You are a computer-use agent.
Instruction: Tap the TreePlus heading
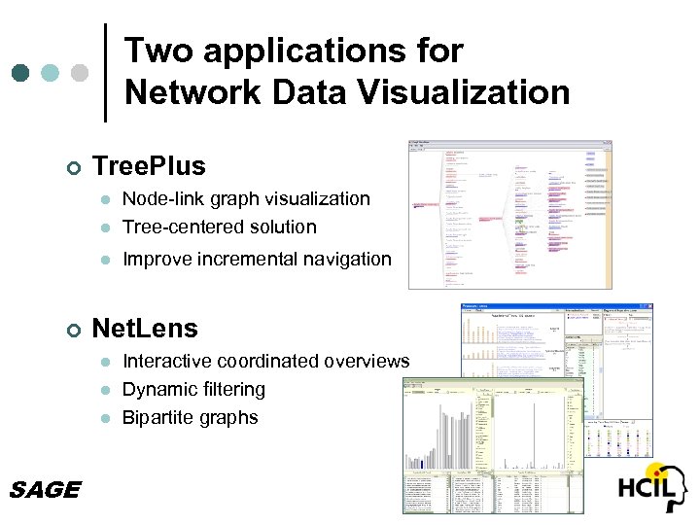(x=149, y=166)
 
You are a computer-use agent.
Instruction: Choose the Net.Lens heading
(x=144, y=329)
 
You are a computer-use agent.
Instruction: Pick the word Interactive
(x=168, y=361)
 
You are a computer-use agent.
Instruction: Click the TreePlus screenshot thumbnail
(x=510, y=214)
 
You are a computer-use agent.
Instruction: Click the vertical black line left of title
(x=105, y=73)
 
